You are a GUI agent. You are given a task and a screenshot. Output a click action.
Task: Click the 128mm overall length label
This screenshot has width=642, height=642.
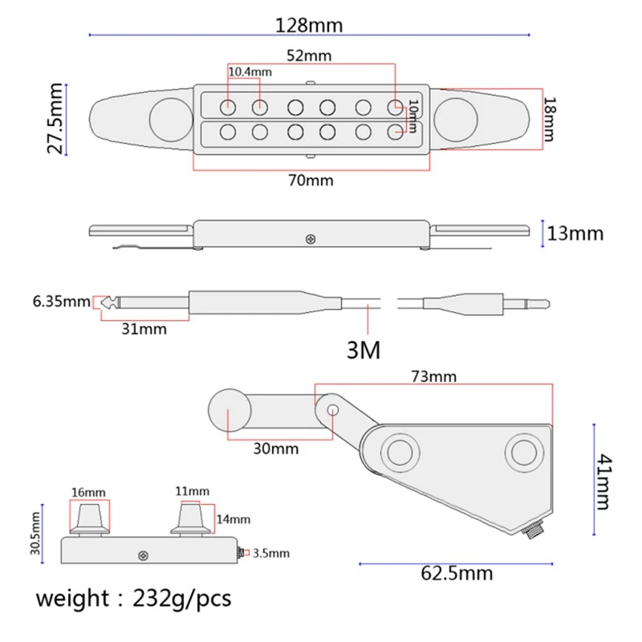309,25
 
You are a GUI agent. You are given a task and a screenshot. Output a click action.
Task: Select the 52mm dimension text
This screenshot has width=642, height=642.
308,56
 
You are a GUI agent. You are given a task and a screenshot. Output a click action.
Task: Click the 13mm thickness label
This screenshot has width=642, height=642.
575,234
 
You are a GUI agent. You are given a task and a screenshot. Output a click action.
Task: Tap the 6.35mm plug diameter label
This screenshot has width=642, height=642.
61,303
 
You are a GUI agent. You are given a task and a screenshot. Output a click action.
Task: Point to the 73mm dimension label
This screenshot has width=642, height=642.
433,376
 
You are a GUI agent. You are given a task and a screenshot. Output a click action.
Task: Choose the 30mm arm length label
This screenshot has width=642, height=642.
276,449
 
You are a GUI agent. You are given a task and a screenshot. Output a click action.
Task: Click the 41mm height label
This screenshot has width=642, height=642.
601,481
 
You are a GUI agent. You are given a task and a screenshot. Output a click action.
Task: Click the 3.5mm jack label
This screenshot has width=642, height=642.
271,553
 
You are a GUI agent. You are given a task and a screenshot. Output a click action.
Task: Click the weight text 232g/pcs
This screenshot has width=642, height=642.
132,599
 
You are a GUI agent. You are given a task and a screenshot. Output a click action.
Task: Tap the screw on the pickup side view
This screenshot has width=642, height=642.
311,238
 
